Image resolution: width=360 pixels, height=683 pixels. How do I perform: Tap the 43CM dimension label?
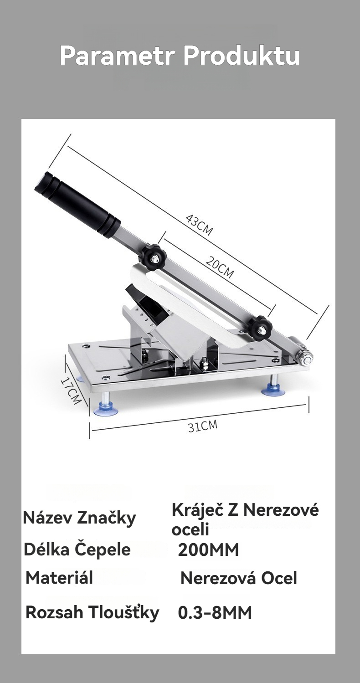(x=199, y=225)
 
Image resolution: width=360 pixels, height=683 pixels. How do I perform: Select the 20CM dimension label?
(x=220, y=267)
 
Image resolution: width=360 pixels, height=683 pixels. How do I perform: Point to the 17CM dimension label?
(x=71, y=390)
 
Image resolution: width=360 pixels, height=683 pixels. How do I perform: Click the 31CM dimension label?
(x=203, y=426)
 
